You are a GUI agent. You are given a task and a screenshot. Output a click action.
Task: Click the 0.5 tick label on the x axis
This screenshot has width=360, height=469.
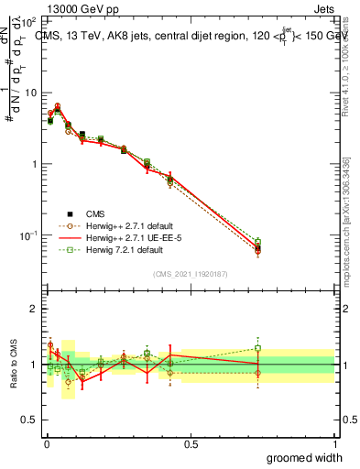(x=190, y=443)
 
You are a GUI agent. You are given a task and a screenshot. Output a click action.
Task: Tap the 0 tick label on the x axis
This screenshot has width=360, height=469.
(x=46, y=443)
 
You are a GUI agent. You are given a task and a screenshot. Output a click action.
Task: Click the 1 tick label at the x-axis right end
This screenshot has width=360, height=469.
(x=334, y=443)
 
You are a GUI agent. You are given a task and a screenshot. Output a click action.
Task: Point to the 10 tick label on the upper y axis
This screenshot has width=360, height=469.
(x=29, y=93)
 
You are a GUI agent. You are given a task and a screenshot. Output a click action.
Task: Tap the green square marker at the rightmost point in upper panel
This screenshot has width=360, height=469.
(x=258, y=243)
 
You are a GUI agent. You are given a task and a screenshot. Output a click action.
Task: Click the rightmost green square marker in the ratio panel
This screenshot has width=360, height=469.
(x=258, y=348)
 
